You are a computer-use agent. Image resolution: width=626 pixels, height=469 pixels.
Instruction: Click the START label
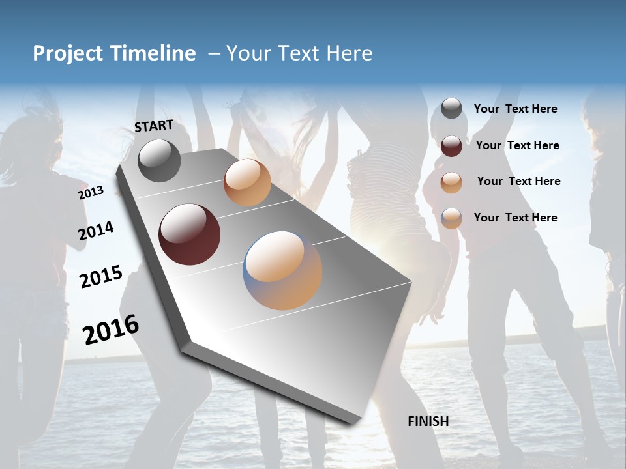[154, 126]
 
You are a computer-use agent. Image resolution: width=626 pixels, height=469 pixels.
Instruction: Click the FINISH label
[428, 421]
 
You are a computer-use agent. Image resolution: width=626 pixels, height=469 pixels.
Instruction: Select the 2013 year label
[91, 193]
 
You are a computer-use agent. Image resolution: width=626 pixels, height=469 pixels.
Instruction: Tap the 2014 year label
[96, 231]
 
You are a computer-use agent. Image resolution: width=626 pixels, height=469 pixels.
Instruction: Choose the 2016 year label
[111, 330]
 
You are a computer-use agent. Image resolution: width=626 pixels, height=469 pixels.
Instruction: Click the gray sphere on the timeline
[159, 160]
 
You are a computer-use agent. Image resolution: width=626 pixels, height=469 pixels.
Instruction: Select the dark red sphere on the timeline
[189, 234]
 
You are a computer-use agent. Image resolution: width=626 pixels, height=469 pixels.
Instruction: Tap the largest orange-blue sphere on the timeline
[282, 270]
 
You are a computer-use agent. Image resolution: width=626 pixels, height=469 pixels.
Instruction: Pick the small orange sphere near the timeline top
[247, 182]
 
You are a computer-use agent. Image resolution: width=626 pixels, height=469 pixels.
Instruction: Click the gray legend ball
[451, 109]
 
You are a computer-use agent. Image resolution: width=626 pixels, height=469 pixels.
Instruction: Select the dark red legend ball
[451, 146]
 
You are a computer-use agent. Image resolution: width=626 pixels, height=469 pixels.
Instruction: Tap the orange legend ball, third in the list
[451, 182]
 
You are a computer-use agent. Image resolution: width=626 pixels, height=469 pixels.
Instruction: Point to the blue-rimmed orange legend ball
[451, 218]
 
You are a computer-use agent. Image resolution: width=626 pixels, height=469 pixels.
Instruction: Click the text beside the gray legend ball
[515, 109]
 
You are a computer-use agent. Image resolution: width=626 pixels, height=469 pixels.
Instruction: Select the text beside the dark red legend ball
[517, 145]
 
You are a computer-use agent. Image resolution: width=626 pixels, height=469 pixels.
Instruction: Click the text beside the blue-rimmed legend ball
[515, 218]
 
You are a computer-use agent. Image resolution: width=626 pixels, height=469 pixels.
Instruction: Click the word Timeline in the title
[155, 53]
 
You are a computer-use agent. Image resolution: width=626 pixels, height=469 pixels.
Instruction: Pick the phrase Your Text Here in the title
[299, 53]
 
